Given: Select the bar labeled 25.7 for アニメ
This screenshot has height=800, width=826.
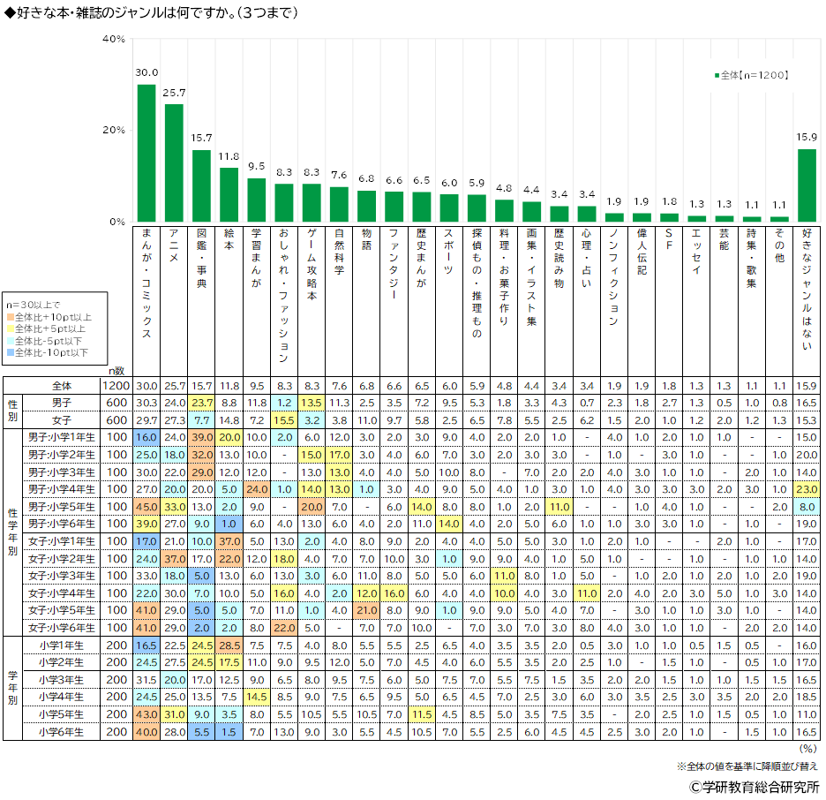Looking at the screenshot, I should click(x=174, y=162).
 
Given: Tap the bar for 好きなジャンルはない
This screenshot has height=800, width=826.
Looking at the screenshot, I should click(x=807, y=185).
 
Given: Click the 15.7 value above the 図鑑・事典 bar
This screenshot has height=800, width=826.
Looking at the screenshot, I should click(x=202, y=139).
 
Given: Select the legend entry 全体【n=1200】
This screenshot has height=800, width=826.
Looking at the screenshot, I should click(x=752, y=76).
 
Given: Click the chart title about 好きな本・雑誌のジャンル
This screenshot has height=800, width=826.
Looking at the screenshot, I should click(x=151, y=12).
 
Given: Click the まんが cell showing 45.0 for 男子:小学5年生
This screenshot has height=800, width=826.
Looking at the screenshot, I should click(x=146, y=507).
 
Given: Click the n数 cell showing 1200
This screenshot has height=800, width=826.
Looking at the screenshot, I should click(x=117, y=386).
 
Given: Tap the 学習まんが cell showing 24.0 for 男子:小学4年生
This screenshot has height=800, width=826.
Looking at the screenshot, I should click(x=257, y=489).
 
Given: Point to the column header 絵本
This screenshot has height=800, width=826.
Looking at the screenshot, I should click(x=229, y=247).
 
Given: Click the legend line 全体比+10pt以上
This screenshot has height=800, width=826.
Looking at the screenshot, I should click(x=53, y=316).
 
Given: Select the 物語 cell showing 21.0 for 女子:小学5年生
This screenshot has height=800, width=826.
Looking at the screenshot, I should click(x=367, y=609).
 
